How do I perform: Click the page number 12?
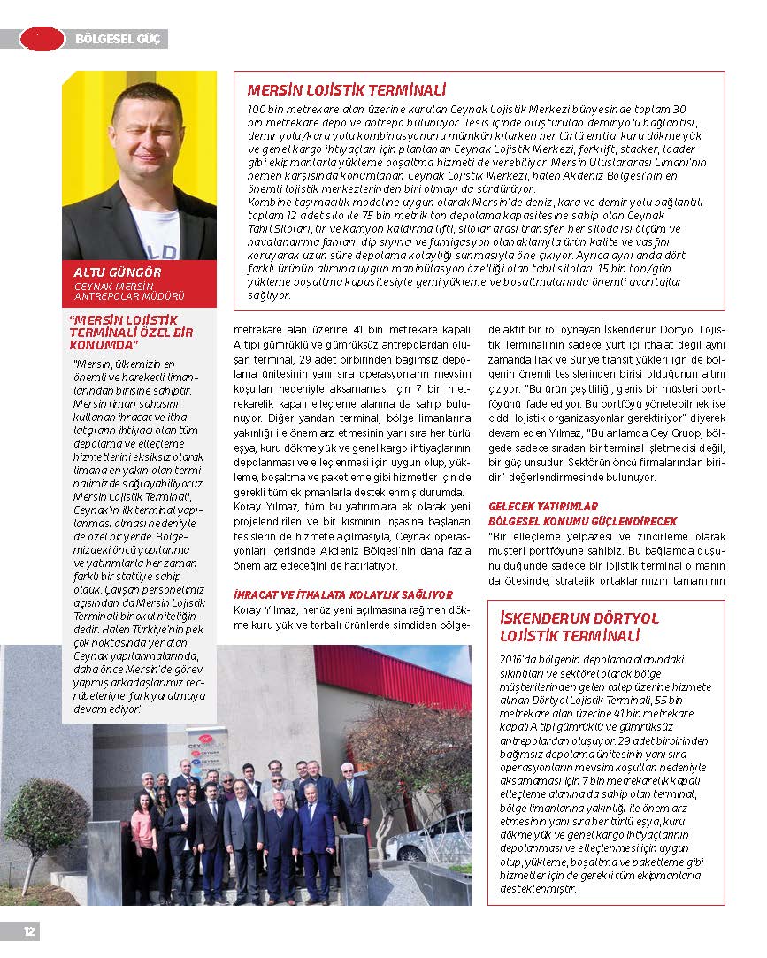(28, 931)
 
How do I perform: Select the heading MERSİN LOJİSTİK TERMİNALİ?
(346, 90)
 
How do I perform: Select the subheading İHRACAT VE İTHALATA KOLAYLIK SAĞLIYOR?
(342, 595)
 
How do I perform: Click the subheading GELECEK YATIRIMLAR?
(543, 506)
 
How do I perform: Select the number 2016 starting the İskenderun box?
(513, 659)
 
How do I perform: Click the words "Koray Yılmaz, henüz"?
(283, 610)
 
